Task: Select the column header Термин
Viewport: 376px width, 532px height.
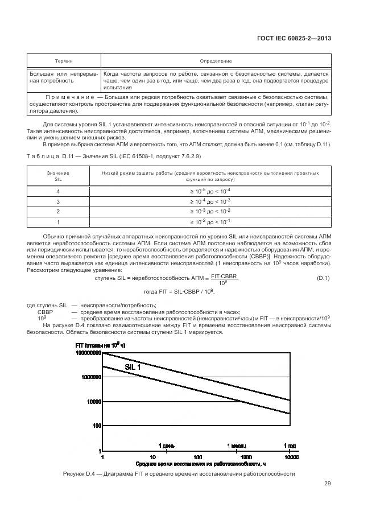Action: pos(63,61)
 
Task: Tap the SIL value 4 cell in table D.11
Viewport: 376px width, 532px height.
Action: pos(57,191)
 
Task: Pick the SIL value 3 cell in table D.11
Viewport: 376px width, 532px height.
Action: pos(57,201)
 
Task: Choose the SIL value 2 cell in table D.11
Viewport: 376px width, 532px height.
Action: pos(57,211)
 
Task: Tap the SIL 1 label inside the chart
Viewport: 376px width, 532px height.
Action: pos(133,368)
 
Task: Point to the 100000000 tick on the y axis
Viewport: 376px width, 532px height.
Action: pos(87,353)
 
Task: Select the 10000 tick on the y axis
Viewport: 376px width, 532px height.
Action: pos(92,402)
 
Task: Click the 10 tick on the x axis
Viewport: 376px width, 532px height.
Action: pos(152,457)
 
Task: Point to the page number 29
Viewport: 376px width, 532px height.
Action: pos(327,484)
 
